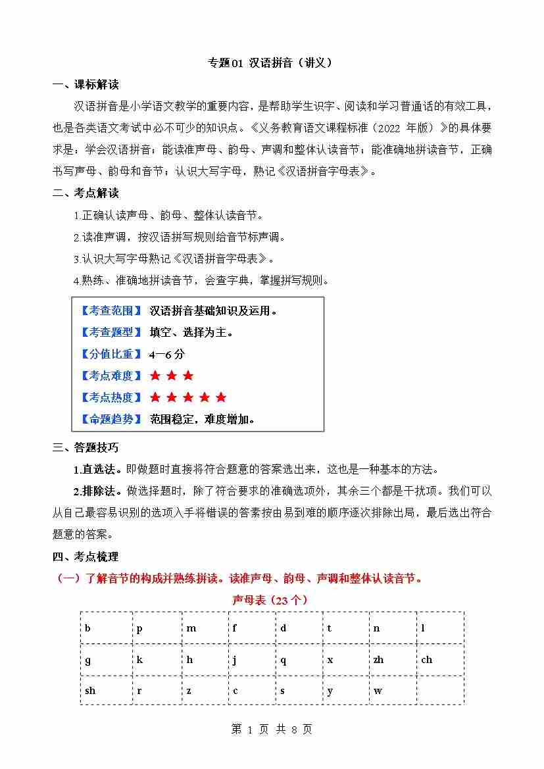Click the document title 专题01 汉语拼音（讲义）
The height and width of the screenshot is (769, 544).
point(270,63)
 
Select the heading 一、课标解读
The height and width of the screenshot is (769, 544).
point(86,85)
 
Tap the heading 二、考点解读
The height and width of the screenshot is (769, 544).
point(86,193)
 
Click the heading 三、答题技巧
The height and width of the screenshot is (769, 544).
point(86,448)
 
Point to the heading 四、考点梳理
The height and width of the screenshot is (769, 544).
point(86,557)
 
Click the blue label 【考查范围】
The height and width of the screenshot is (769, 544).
point(111,311)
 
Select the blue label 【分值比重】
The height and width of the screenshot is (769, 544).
point(111,354)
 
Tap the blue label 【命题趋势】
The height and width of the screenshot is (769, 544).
point(111,419)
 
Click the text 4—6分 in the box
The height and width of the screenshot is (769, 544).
point(167,354)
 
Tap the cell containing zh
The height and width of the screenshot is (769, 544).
point(392,660)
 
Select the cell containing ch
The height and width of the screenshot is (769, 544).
point(440,660)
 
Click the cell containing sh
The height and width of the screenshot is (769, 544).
point(106,691)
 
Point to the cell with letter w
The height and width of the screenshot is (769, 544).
point(392,691)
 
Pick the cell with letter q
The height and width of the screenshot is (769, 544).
point(299,660)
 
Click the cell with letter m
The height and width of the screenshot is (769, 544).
point(205,628)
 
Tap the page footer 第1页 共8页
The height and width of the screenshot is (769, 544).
point(272,730)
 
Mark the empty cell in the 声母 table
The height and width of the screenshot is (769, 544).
point(440,691)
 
